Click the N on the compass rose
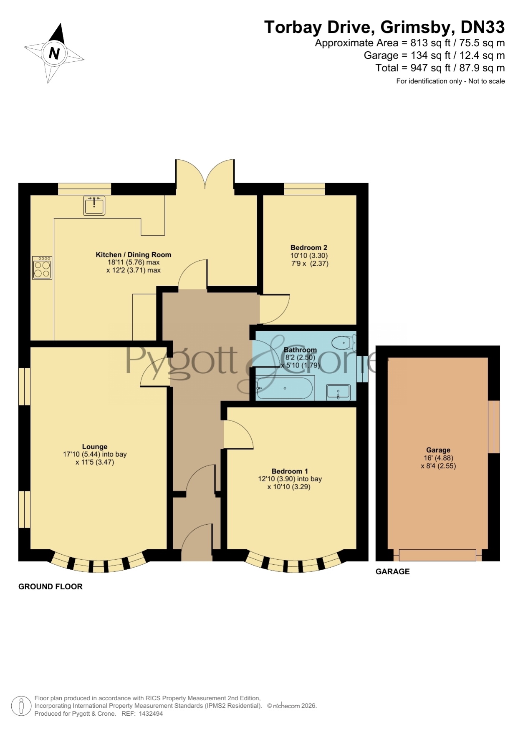click(54, 53)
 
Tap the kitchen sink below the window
click(94, 205)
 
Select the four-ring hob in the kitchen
click(42, 268)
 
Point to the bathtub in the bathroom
click(285, 388)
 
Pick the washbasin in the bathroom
click(338, 392)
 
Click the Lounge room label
click(95, 447)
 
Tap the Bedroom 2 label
click(309, 247)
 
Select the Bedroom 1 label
click(290, 471)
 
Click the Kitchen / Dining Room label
click(134, 254)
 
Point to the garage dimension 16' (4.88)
click(438, 458)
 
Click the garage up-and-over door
click(437, 555)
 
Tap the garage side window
click(494, 427)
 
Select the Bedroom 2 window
click(304, 189)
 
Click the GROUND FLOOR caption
click(51, 586)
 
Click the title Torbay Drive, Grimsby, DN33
click(384, 27)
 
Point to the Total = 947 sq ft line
click(440, 68)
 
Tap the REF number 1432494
click(151, 714)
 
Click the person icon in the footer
click(21, 706)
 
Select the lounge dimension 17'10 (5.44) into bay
click(95, 454)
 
